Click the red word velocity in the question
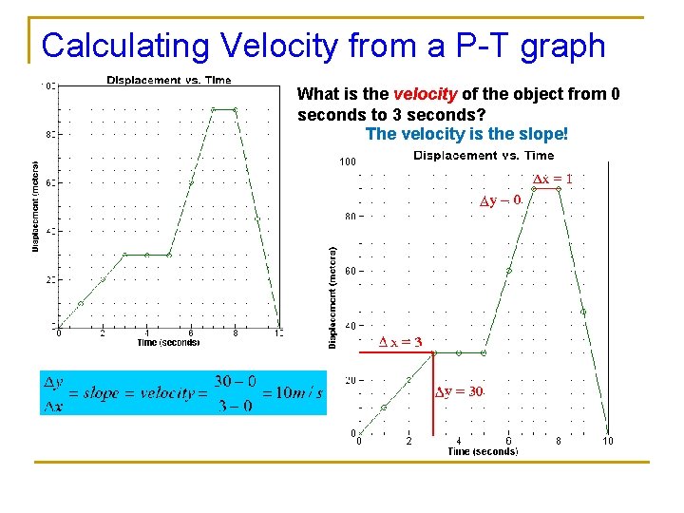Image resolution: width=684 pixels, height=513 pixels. [x=426, y=94]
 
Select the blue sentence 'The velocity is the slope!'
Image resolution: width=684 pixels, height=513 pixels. [x=465, y=134]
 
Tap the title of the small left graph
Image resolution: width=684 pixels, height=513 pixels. [x=168, y=80]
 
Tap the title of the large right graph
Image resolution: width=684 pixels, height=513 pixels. [x=484, y=155]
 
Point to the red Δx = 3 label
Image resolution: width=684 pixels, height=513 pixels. [x=399, y=342]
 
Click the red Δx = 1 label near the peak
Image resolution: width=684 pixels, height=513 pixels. [x=551, y=179]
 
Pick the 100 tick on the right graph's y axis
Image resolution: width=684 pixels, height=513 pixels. [x=347, y=161]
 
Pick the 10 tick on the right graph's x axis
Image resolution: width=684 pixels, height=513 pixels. [x=608, y=441]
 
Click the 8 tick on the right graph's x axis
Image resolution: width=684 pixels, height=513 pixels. [x=559, y=441]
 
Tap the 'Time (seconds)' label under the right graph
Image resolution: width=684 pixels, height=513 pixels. [x=483, y=452]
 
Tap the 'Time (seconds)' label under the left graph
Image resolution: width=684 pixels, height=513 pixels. [x=167, y=342]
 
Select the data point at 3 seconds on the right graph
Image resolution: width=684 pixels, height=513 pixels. [x=433, y=352]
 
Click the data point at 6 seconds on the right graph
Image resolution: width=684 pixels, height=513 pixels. [x=508, y=271]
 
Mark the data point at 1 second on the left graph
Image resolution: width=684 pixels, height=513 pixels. [x=81, y=303]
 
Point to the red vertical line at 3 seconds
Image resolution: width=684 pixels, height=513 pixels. [x=433, y=399]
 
